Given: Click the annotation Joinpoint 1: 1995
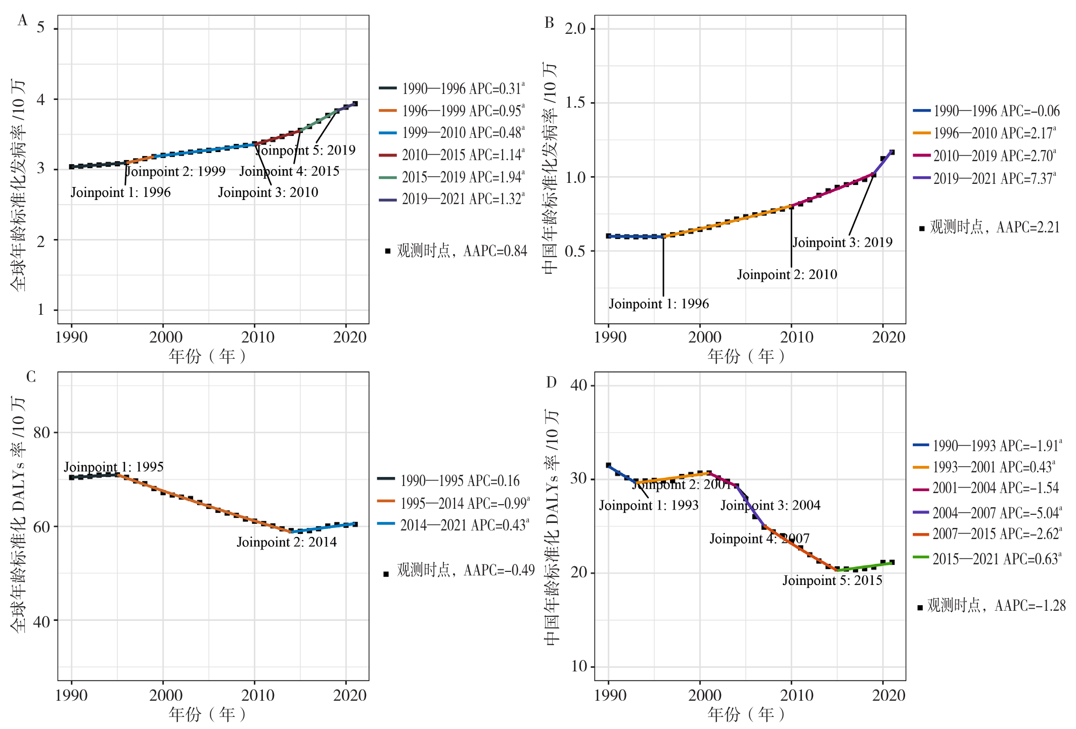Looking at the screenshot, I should click(114, 466).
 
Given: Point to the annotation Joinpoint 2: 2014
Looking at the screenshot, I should click(287, 542).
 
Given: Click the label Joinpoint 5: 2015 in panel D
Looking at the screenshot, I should click(832, 580).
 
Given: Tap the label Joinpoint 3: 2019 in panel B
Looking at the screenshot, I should click(842, 242).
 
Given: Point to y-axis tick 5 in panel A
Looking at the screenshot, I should click(41, 27).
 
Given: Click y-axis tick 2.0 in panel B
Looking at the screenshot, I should click(575, 28).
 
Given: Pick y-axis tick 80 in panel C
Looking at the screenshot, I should click(41, 432).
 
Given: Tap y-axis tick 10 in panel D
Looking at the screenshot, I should click(579, 666).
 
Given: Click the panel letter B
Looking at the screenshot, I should click(549, 23).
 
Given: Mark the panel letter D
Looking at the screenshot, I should click(551, 382).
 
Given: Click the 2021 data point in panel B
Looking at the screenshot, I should click(892, 152).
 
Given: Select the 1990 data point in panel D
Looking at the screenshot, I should click(608, 465).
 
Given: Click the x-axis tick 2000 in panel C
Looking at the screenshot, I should click(165, 695).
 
